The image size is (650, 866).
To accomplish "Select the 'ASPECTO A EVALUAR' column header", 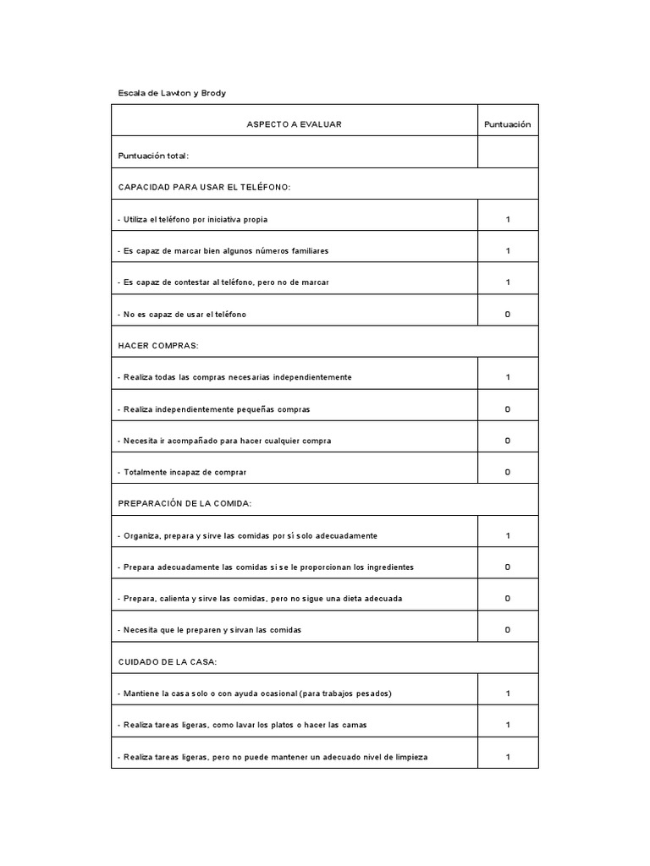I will pos(294,124).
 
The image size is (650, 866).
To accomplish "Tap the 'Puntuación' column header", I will pos(508,124).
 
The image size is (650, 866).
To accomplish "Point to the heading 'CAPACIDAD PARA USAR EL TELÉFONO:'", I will pos(204,187).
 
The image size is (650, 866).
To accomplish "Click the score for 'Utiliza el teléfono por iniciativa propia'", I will pos(508,219).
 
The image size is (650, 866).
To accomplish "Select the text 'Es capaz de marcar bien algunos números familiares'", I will pos(223,251).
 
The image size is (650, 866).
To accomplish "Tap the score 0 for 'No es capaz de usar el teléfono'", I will pos(508,315).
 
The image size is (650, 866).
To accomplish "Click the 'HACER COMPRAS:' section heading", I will pos(158,346).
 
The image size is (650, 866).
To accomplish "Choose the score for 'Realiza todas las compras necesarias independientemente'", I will pos(508,377).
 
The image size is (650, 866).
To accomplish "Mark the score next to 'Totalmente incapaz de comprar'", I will pos(508,472).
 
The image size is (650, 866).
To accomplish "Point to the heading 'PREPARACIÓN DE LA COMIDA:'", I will pos(185,503).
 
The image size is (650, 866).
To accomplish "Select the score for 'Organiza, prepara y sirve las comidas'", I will pos(508,535).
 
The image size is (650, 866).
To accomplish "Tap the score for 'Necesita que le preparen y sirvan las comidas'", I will pos(508,630).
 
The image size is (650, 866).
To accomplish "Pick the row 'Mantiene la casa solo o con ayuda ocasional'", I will pos(254,693).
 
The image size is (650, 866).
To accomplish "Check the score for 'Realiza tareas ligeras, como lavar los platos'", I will pos(508,725).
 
